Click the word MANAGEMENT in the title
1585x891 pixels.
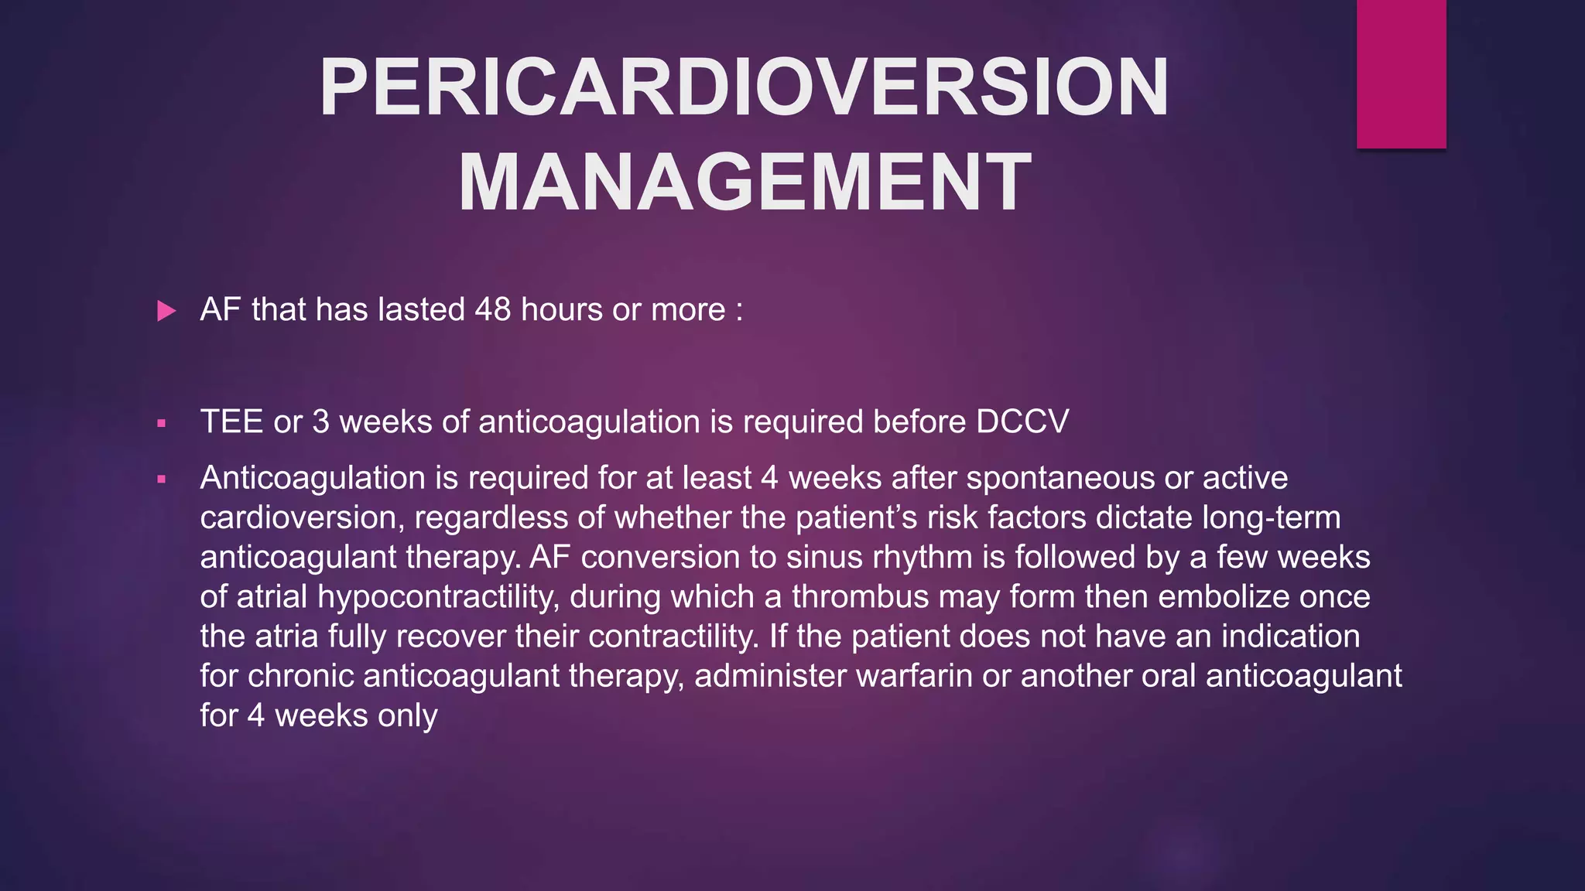click(x=744, y=183)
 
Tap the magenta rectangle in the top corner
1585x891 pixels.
click(x=1401, y=73)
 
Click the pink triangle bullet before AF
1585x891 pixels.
click(x=166, y=312)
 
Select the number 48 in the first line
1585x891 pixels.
click(x=493, y=310)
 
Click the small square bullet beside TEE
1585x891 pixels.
click(x=161, y=424)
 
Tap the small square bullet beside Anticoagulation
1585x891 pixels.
click(x=161, y=480)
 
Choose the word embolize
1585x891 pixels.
click(x=1224, y=597)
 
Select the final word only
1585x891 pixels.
click(x=407, y=716)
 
